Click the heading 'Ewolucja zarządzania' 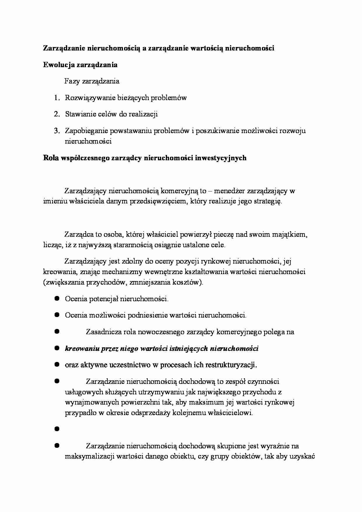point(80,65)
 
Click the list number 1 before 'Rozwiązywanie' point(57,98)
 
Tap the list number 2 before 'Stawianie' point(57,114)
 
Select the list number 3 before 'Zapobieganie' point(57,131)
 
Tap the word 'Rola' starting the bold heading point(51,158)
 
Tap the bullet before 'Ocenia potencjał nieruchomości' point(57,298)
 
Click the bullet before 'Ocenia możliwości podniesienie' point(57,315)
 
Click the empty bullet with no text point(57,429)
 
